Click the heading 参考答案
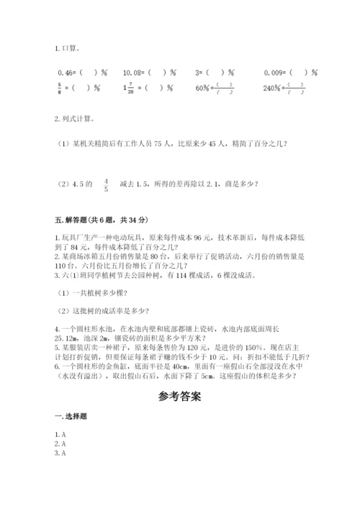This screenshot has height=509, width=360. coord(180,396)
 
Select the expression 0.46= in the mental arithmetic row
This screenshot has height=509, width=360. coord(65,73)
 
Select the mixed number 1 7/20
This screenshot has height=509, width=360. coord(128,89)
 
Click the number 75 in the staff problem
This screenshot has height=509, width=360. coord(159,143)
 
